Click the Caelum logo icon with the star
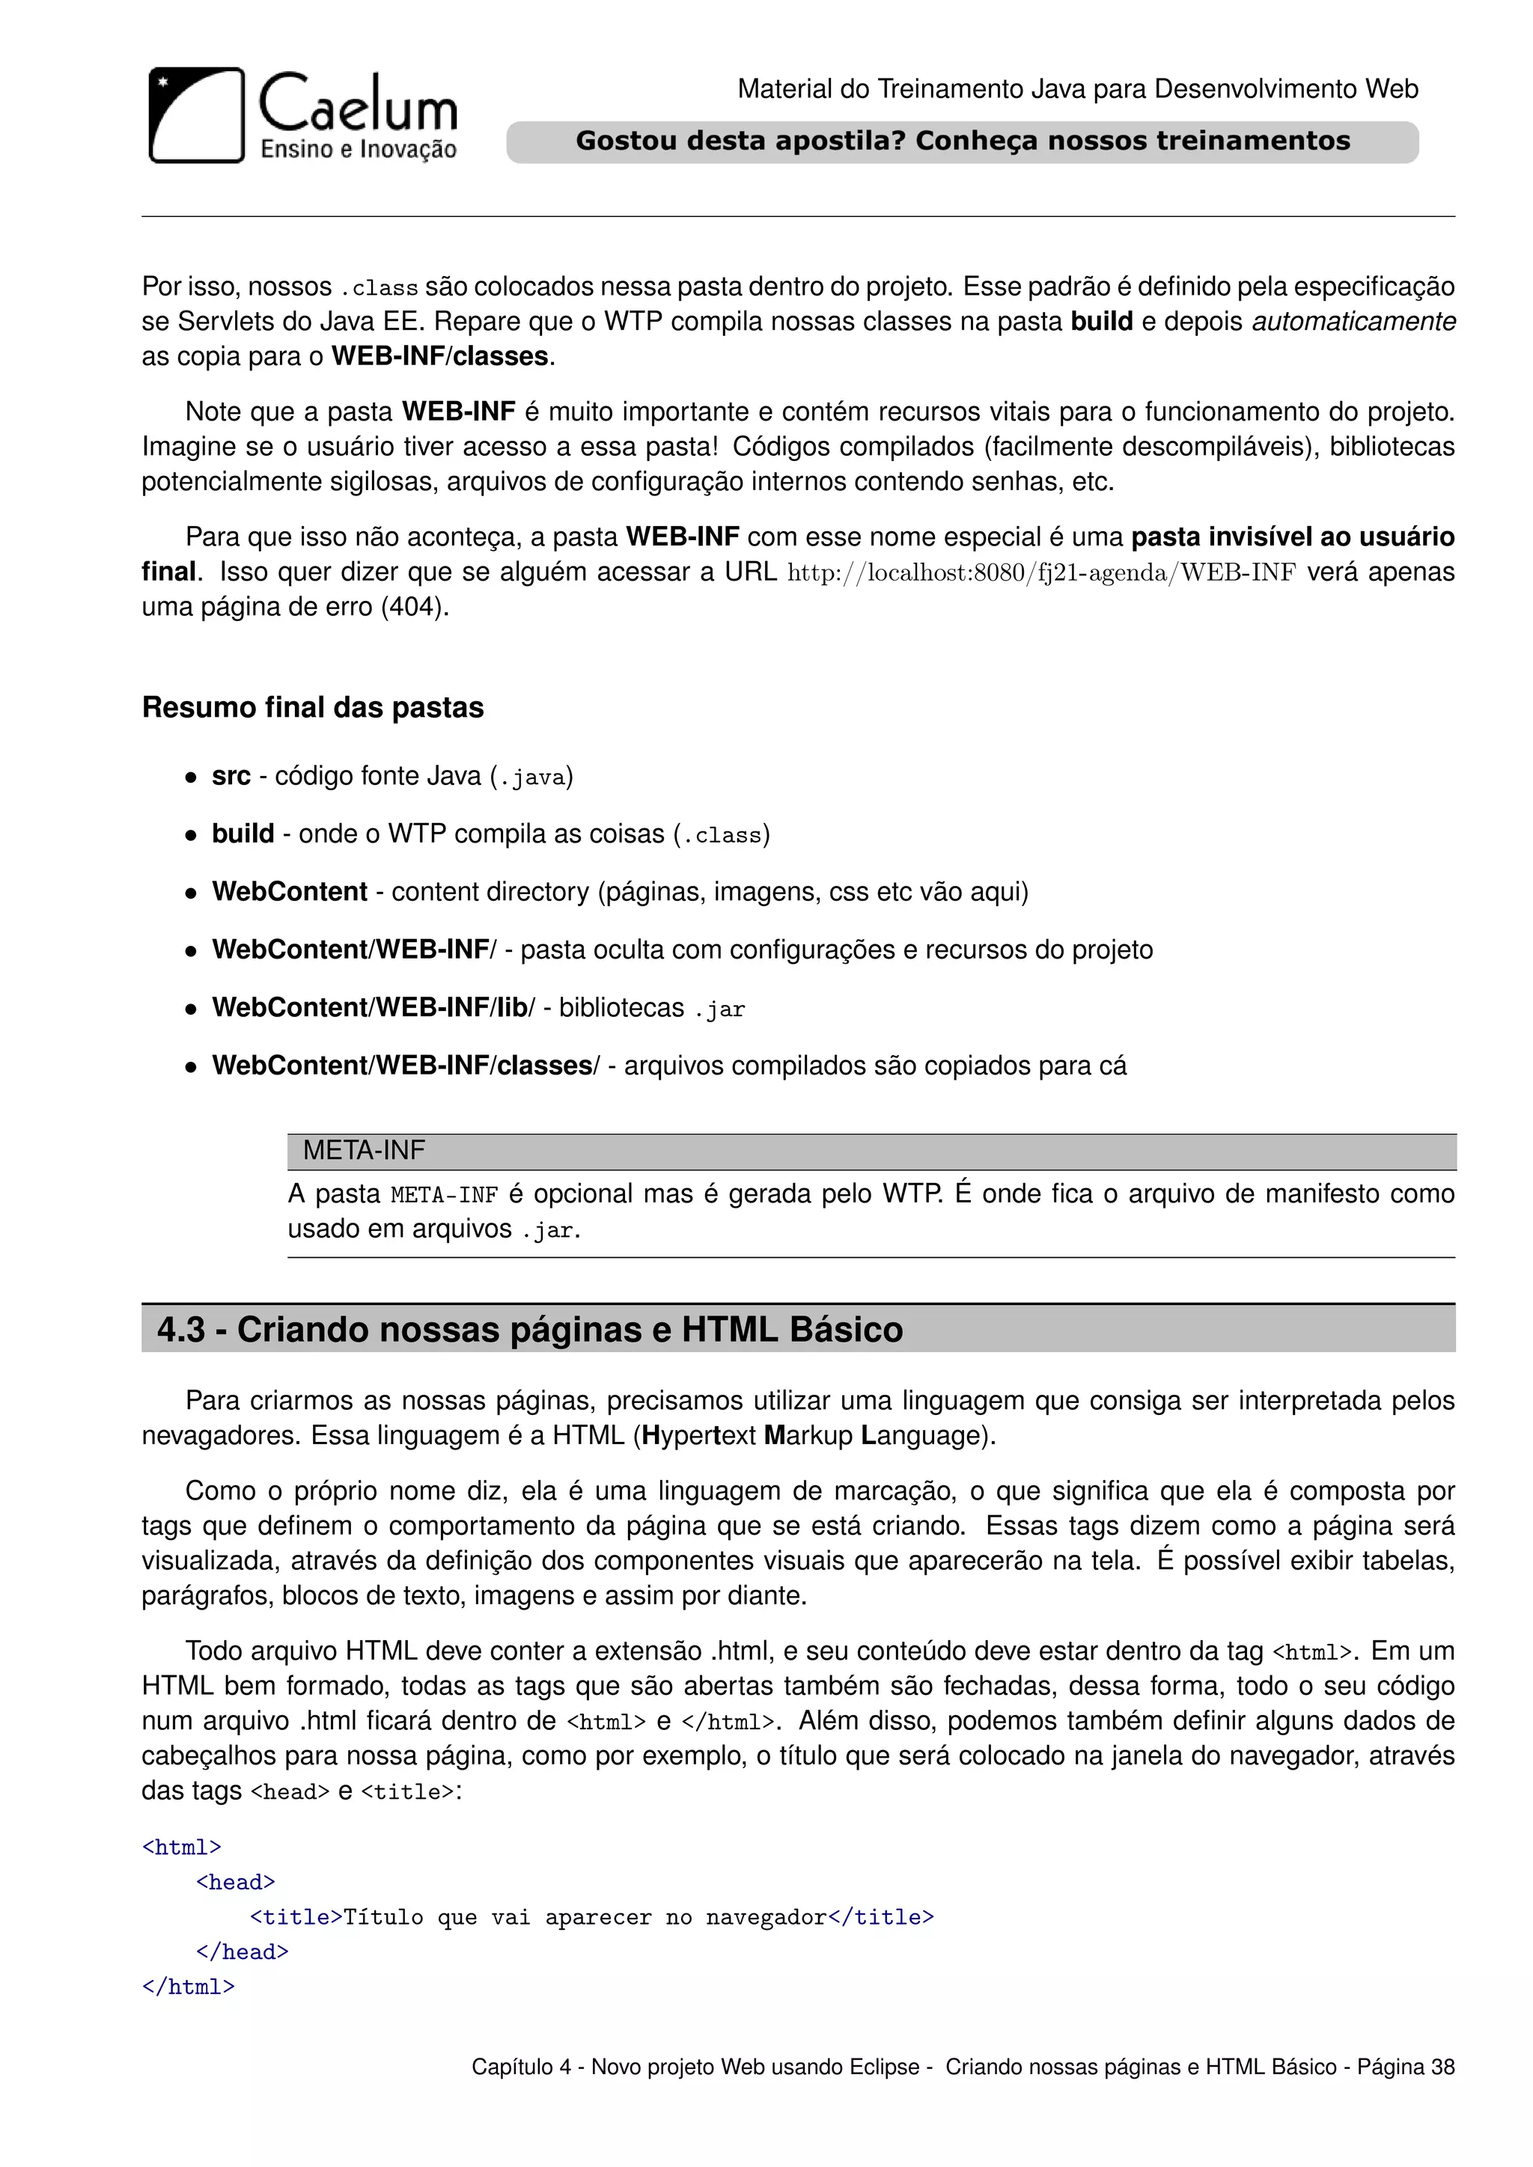point(196,115)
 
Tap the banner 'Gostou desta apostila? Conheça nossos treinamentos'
point(962,141)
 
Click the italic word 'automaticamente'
point(1353,322)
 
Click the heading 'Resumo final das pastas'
point(312,708)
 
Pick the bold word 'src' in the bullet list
point(231,777)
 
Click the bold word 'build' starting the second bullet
point(243,834)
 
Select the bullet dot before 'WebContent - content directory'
point(191,893)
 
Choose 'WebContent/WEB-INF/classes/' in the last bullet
point(405,1066)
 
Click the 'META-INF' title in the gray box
point(364,1151)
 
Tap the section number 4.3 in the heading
point(181,1330)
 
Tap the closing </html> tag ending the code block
point(188,1987)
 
